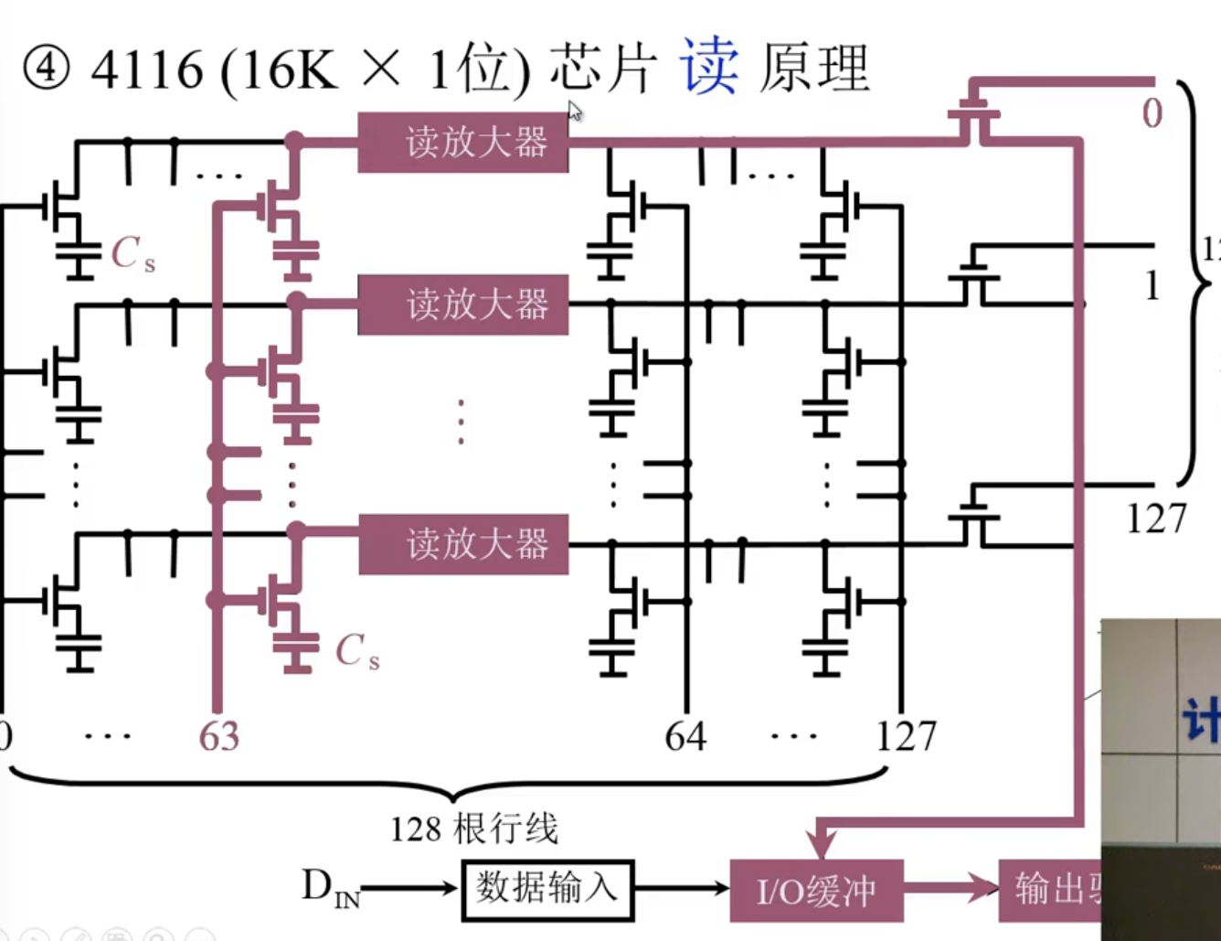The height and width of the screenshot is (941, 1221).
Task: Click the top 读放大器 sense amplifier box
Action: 462,143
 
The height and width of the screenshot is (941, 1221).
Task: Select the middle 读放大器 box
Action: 462,305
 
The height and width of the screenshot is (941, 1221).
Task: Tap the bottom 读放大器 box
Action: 462,544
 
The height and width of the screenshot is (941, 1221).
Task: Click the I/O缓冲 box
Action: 816,890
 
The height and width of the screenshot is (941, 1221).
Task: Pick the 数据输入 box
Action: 547,888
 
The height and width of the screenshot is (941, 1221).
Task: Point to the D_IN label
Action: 330,888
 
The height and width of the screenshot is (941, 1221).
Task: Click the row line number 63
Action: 218,736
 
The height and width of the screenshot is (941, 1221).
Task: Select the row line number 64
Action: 685,736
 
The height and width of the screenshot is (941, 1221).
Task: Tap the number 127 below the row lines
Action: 906,736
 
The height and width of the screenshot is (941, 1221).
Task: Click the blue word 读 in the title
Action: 708,68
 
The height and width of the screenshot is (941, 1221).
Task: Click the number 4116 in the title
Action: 147,70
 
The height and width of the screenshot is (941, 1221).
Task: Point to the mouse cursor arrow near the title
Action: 575,112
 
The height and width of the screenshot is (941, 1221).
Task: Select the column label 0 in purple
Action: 1152,114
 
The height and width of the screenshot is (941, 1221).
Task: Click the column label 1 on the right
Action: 1152,286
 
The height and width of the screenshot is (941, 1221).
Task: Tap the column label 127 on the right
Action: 1155,519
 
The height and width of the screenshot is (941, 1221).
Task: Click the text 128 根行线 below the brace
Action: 473,829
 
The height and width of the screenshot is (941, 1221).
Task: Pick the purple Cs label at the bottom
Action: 356,652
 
